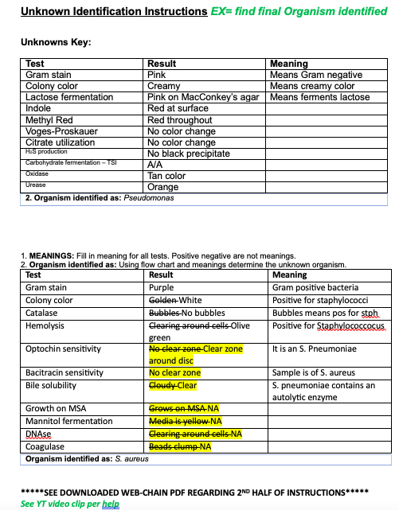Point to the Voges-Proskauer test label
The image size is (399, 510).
60,131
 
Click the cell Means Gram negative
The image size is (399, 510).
316,75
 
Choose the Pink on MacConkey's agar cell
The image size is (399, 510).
203,97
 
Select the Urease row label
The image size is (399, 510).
36,185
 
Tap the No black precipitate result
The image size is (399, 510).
189,154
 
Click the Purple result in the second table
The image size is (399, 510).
162,287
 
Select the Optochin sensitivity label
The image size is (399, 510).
63,348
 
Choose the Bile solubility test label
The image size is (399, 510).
55,385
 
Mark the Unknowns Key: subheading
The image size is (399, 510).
55,41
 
